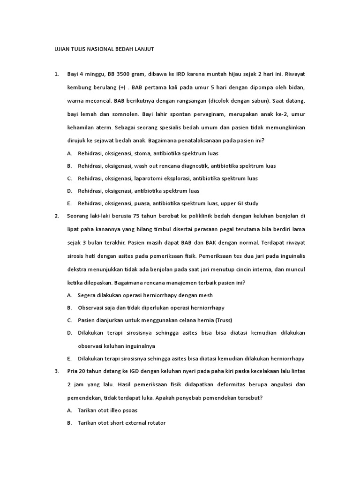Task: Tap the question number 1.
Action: (x=56, y=74)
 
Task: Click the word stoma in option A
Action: (x=142, y=153)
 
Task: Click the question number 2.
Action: (x=56, y=216)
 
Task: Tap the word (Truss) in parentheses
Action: (x=224, y=320)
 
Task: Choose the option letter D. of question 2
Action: (x=69, y=333)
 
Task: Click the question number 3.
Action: (x=56, y=371)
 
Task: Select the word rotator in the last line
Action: (x=156, y=423)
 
